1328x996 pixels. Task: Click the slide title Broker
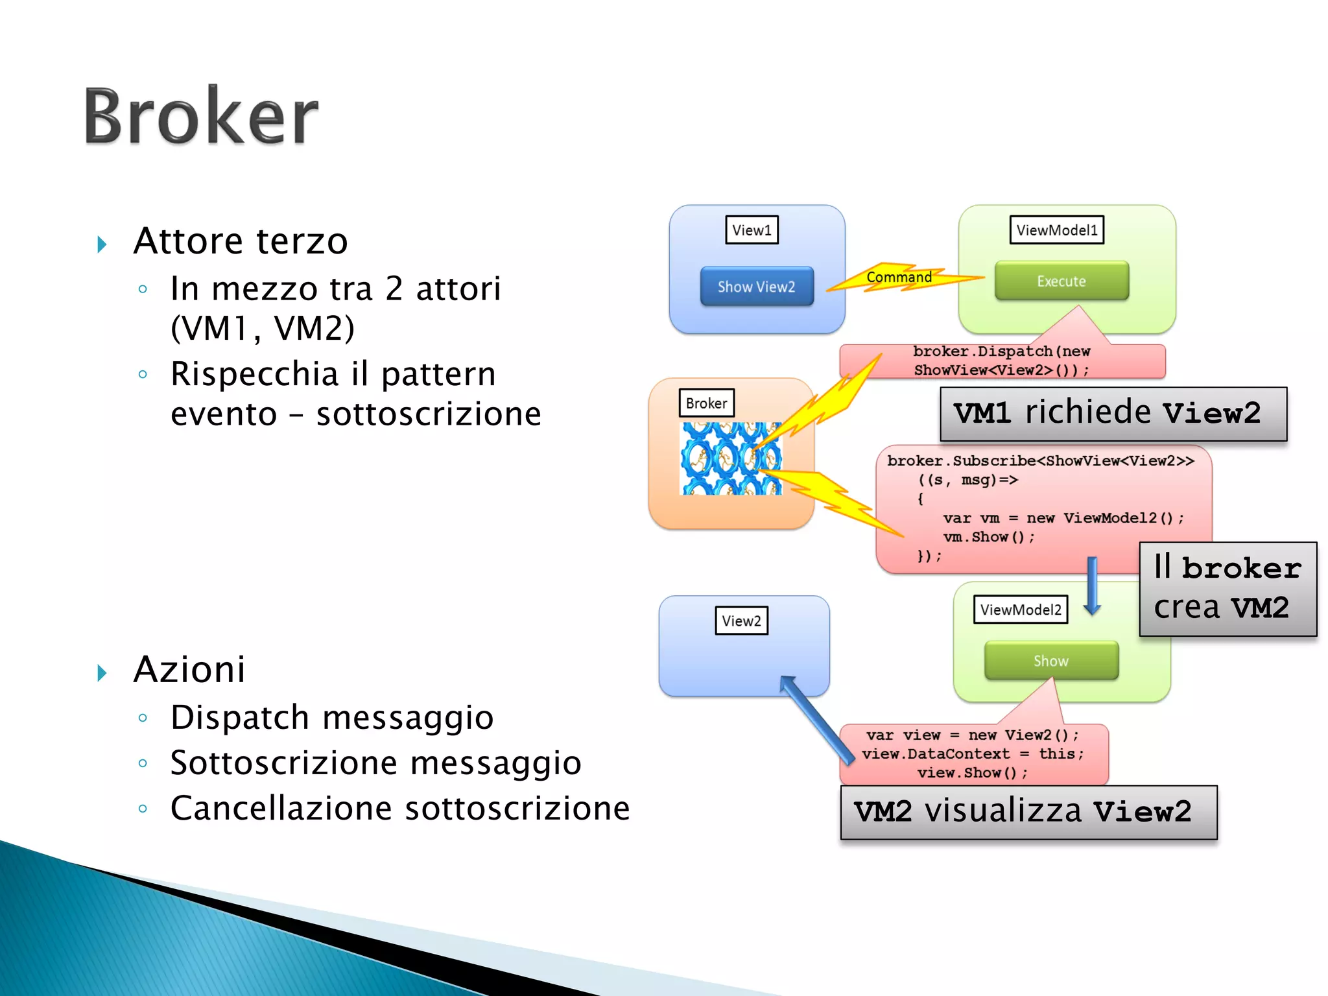201,117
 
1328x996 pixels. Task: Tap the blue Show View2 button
756,287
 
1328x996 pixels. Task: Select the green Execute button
1061,281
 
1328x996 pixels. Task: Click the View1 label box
752,230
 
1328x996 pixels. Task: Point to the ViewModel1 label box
1056,230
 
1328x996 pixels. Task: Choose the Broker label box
706,403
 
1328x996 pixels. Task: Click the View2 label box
741,621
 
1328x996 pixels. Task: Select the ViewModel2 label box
1020,610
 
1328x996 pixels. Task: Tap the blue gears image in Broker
730,458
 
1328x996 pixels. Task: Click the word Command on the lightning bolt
899,278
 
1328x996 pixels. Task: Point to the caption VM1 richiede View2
1113,414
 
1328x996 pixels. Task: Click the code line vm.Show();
988,537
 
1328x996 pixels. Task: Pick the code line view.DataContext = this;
973,754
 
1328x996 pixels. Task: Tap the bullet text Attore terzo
241,241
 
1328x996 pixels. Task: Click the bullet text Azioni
189,669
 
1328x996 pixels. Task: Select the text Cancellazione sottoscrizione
399,809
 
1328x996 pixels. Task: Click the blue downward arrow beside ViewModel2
1093,586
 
